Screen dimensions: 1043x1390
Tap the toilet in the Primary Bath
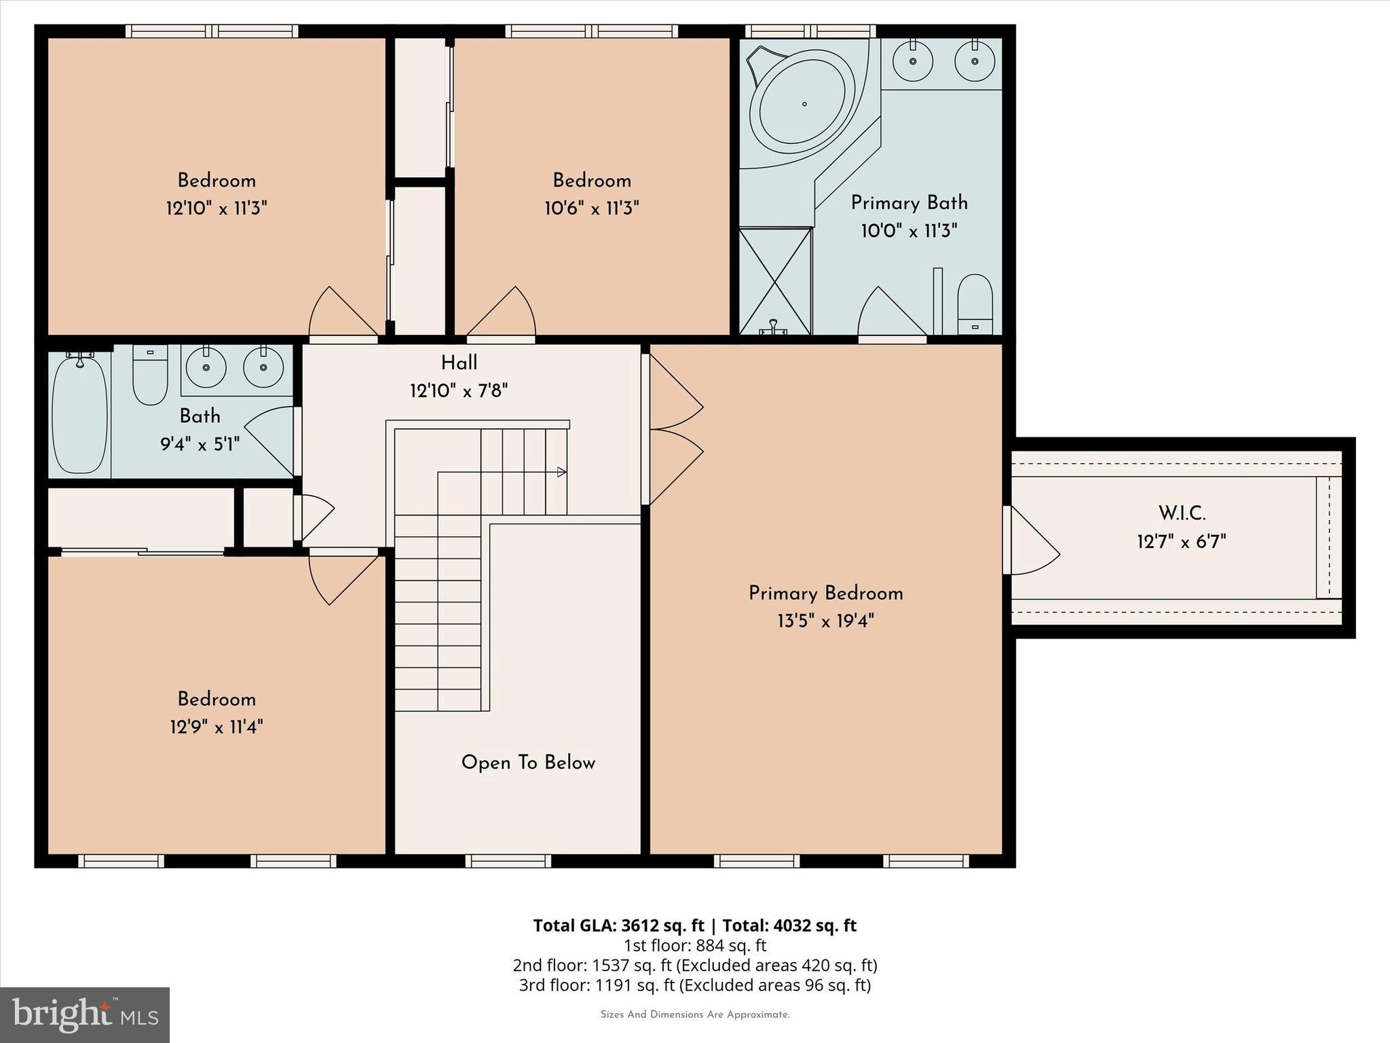point(975,305)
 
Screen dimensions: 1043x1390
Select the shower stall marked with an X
point(775,280)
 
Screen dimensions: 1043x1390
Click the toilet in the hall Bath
point(150,376)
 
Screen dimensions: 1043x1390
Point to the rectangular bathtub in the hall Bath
point(80,414)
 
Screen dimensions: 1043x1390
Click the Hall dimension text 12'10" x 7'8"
point(459,391)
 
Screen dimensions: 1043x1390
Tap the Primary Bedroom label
point(825,593)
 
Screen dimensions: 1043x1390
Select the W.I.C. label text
point(1182,513)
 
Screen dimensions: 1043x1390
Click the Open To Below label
point(528,763)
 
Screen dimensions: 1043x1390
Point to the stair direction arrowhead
point(561,472)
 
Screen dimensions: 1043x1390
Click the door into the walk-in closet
point(1032,541)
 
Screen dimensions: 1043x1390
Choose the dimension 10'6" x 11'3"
point(591,208)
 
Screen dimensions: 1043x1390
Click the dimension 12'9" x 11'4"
point(217,727)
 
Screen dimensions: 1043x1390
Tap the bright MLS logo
point(85,1014)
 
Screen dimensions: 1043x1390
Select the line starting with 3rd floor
point(694,985)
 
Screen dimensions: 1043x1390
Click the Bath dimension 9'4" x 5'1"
point(200,445)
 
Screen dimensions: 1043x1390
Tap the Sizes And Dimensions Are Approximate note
point(694,1014)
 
